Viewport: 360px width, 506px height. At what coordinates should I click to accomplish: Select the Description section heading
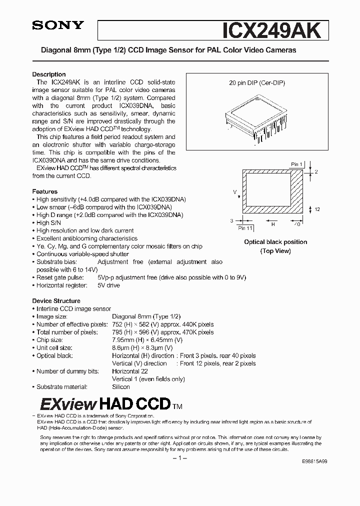[x=49, y=74]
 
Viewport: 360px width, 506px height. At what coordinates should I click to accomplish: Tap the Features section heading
[x=45, y=191]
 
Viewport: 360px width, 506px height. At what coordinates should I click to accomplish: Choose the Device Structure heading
[x=56, y=301]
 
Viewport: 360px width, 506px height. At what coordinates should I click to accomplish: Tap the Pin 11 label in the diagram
[x=245, y=228]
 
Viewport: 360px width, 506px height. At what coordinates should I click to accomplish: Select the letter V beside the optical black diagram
[x=234, y=191]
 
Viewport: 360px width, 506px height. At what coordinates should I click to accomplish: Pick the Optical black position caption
[x=275, y=242]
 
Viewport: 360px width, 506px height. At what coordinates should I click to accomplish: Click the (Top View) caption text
[x=275, y=251]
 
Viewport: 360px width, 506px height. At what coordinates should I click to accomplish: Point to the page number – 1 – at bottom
[x=179, y=458]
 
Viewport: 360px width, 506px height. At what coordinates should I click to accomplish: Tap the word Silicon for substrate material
[x=121, y=386]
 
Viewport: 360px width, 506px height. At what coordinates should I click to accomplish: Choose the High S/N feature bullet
[x=49, y=223]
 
